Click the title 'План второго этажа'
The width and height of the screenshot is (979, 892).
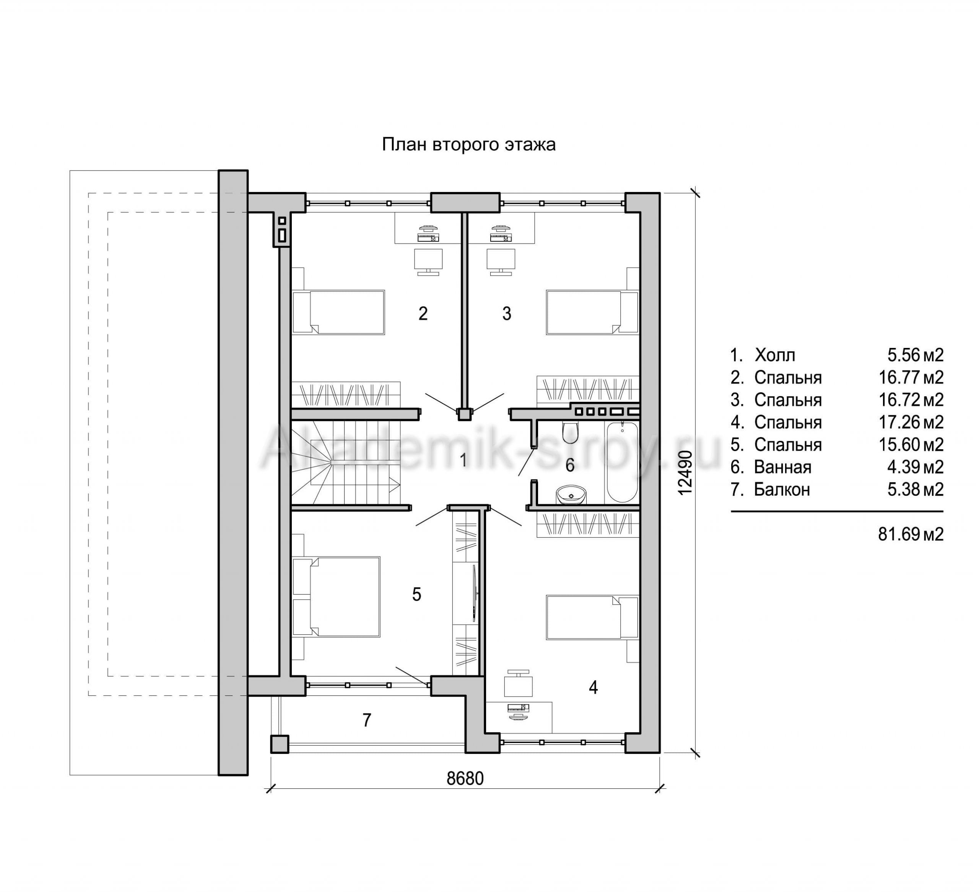[x=468, y=145]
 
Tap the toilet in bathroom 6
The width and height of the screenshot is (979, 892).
[x=570, y=432]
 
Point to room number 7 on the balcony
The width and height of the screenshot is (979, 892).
[x=367, y=720]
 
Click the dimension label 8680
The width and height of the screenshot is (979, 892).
[x=465, y=778]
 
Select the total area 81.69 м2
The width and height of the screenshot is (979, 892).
[x=911, y=534]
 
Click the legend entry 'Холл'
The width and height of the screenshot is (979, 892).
[x=775, y=356]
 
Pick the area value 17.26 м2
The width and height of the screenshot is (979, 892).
[x=911, y=422]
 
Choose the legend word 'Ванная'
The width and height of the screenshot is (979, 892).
[x=782, y=467]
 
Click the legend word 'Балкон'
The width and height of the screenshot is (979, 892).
[x=782, y=489]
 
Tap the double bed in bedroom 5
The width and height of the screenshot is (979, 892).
[x=336, y=597]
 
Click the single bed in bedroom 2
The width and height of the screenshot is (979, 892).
[x=338, y=312]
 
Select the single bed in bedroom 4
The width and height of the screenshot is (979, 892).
[x=592, y=617]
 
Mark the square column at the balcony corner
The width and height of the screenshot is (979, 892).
[x=280, y=744]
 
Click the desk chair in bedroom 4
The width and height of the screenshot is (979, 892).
[x=518, y=684]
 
